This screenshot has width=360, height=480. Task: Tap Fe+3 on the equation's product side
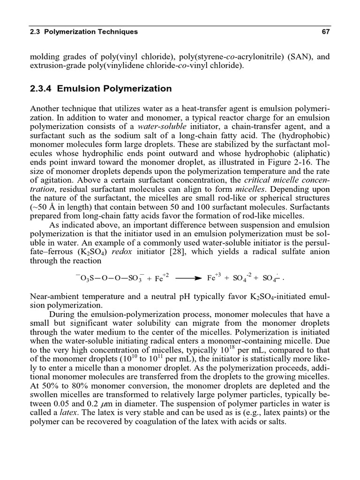tap(214, 277)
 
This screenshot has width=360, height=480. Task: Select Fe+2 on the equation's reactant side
tap(161, 277)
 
